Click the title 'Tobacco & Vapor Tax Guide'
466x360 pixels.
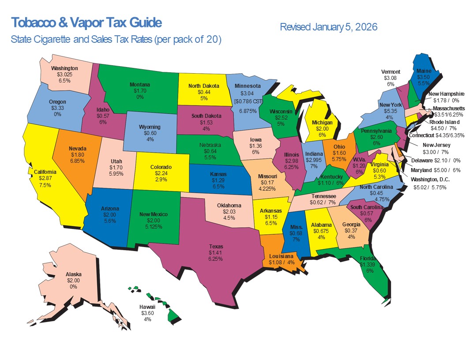pyautogui.click(x=86, y=22)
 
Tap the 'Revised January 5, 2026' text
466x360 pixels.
pyautogui.click(x=328, y=27)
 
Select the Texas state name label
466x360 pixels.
pyautogui.click(x=216, y=247)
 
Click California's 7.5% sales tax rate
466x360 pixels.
pyautogui.click(x=45, y=185)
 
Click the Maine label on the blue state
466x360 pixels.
pyautogui.click(x=424, y=70)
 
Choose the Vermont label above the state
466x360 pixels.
pyautogui.click(x=391, y=72)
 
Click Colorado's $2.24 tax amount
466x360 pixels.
pyautogui.click(x=161, y=173)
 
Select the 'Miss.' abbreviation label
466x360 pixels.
pyautogui.click(x=296, y=226)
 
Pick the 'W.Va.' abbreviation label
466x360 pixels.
pyautogui.click(x=358, y=172)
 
